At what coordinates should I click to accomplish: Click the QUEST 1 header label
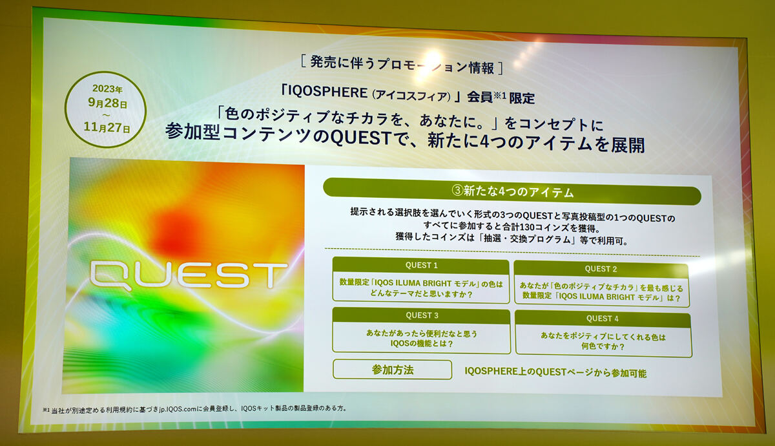(421, 265)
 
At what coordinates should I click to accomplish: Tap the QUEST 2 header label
(601, 269)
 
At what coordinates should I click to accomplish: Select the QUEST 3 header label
(422, 315)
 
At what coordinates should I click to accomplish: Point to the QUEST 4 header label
(603, 319)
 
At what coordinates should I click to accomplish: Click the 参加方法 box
(393, 370)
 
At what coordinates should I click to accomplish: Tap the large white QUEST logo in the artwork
(189, 275)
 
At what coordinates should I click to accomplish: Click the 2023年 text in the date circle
(107, 89)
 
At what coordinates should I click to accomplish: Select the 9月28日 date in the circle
(107, 103)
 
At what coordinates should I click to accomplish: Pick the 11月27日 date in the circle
(107, 127)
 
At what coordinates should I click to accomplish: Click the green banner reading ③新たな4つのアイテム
(512, 191)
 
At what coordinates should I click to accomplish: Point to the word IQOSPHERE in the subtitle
(323, 92)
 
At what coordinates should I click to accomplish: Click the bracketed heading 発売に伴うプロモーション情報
(402, 65)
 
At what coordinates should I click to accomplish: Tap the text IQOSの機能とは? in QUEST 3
(422, 343)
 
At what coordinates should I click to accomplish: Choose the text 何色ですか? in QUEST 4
(603, 346)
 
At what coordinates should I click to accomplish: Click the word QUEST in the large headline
(361, 138)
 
